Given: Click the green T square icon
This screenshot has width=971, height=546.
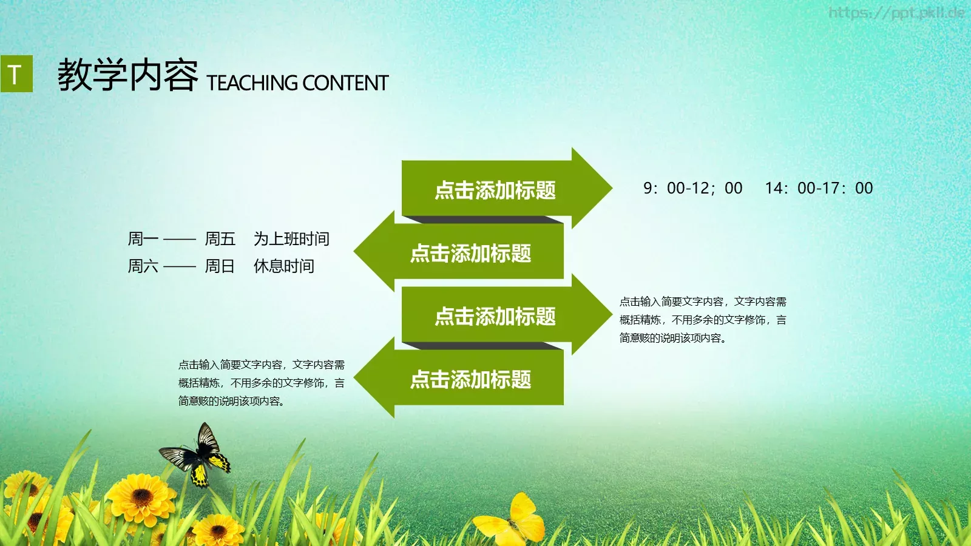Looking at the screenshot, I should click(x=16, y=74).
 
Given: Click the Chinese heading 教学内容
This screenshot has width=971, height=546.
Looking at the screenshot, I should click(x=127, y=76).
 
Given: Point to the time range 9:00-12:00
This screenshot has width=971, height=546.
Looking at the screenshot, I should click(x=692, y=189).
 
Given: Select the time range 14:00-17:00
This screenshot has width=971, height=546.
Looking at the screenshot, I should click(x=819, y=189).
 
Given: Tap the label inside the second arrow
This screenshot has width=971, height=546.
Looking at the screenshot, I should click(x=470, y=254).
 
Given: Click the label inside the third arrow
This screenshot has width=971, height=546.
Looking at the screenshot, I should click(x=495, y=317).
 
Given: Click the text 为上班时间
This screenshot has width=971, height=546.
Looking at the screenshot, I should click(x=291, y=239).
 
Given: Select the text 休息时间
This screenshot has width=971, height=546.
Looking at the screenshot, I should click(x=283, y=266).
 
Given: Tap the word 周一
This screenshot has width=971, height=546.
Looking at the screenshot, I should click(x=143, y=239).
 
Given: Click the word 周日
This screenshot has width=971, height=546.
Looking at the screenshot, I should click(x=220, y=266).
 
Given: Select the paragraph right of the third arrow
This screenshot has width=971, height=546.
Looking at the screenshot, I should click(x=702, y=320).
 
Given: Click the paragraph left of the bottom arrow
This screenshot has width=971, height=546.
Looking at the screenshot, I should click(x=261, y=383).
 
